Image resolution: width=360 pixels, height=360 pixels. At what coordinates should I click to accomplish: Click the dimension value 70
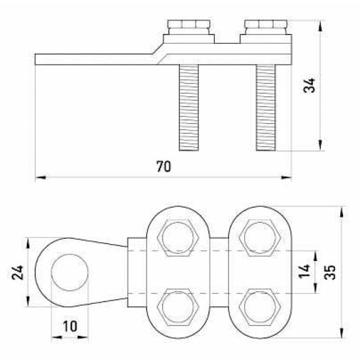[164, 166]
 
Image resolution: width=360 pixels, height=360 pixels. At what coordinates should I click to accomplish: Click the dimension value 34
[309, 85]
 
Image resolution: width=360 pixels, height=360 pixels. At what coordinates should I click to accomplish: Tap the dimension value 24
[18, 272]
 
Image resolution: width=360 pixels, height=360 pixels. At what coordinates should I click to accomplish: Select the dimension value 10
[70, 326]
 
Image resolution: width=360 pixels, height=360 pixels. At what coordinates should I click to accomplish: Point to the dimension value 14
[304, 271]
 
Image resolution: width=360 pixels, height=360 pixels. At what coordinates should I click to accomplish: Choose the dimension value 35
[330, 272]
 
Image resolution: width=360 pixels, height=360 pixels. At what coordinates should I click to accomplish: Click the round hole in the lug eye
[69, 272]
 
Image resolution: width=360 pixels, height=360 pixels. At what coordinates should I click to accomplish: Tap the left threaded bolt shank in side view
[189, 108]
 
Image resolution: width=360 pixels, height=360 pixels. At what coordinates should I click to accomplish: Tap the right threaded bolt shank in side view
[266, 108]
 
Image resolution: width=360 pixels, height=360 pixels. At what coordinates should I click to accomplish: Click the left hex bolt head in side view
[189, 27]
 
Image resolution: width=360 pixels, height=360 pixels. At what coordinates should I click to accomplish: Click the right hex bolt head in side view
[266, 27]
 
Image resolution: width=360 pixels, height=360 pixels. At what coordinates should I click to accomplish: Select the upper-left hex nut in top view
[178, 238]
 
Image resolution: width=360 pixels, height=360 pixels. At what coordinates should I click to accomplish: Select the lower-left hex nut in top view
[178, 307]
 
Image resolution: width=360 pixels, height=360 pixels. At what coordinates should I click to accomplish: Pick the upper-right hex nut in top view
[260, 238]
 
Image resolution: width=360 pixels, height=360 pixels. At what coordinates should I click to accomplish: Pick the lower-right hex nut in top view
[260, 307]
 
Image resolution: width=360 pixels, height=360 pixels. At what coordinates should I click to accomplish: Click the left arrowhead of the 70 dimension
[41, 177]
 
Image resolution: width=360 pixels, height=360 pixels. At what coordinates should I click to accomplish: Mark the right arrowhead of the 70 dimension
[286, 177]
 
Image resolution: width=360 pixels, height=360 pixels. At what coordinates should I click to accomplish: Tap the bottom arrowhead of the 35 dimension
[342, 333]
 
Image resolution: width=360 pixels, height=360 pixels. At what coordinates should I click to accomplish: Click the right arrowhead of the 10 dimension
[83, 337]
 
